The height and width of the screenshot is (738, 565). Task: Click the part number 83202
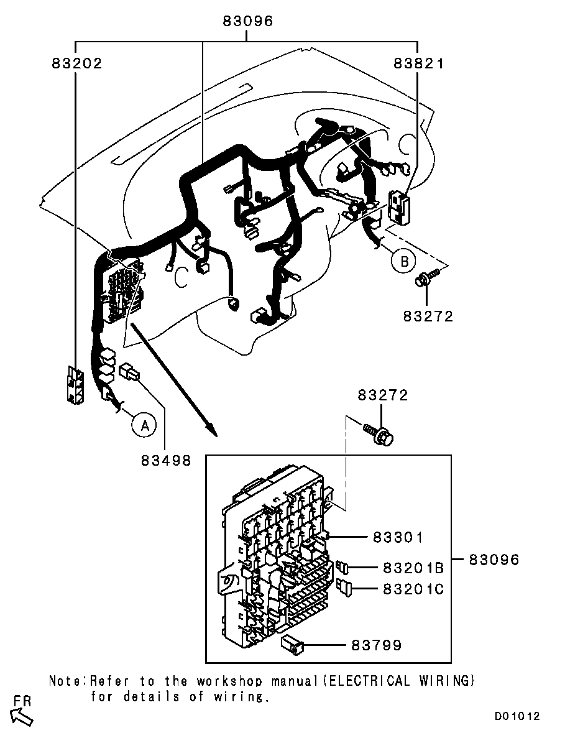[77, 63]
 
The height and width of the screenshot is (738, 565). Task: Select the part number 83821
[419, 63]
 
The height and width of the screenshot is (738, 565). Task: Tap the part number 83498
[166, 460]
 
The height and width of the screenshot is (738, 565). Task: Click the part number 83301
[398, 537]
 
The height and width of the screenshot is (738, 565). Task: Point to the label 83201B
[413, 568]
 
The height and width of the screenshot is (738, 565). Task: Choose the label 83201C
[413, 589]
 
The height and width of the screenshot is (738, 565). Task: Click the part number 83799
[376, 645]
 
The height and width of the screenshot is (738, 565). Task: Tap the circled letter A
[145, 425]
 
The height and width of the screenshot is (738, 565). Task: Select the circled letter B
[404, 261]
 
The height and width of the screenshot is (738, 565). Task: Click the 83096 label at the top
[248, 21]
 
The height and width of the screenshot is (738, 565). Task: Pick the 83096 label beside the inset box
[494, 560]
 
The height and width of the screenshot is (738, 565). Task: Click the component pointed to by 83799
[293, 645]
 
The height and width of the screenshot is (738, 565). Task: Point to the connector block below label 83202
[75, 384]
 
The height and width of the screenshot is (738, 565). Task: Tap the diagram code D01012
[517, 716]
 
